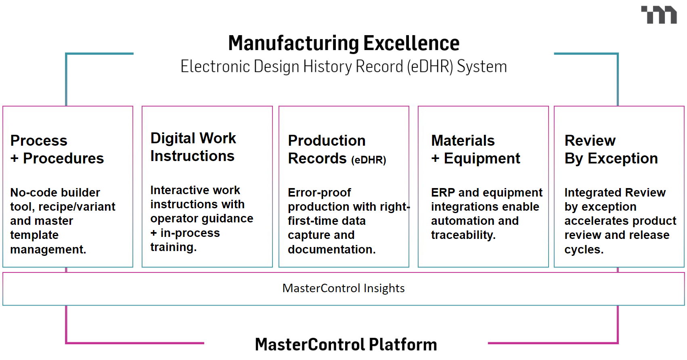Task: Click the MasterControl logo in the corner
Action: pos(659,15)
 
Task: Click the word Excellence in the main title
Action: pos(411,43)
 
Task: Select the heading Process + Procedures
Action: pos(57,149)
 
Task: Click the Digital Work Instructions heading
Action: pos(193,147)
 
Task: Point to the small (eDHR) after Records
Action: pos(369,160)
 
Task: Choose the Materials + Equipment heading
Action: pos(475,149)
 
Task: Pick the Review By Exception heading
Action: pos(611,149)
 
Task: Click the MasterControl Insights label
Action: pos(343,288)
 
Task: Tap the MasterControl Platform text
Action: pos(346,344)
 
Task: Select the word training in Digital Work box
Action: pos(173,247)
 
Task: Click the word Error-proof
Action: pos(319,193)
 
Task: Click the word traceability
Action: pos(463,235)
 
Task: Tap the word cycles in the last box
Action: pos(584,249)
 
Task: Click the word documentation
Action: pos(331,249)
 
